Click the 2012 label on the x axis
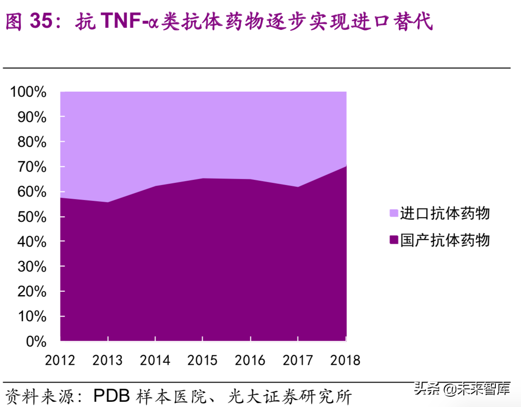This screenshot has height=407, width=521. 60,360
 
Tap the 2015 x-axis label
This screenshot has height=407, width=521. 203,360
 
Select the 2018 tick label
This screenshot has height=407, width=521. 345,360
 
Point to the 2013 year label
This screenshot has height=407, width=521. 108,360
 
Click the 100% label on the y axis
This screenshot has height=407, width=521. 29,92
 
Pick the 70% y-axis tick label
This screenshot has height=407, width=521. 32,167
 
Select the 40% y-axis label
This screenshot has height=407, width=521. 32,242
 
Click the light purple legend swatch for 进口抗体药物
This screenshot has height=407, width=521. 394,213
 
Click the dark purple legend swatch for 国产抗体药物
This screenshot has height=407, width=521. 394,240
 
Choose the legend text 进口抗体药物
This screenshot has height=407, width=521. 445,213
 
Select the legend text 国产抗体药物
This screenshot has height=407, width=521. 445,240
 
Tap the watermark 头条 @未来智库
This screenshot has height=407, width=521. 462,389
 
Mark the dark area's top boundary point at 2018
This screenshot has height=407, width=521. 346,166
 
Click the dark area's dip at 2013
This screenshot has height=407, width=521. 108,202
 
